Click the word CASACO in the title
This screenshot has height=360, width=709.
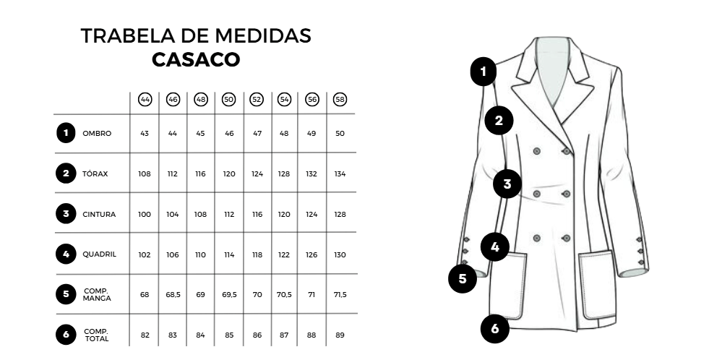point(196,60)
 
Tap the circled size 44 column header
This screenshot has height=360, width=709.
point(145,100)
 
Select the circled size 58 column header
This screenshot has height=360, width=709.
point(340,100)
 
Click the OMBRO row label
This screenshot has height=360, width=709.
point(97,134)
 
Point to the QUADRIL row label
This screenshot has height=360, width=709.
point(99,254)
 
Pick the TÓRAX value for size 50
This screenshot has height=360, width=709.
point(229,174)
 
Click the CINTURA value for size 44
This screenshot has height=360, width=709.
point(145,215)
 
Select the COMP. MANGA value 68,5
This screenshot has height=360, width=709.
point(173,295)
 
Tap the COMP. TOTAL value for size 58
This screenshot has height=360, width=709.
point(340,335)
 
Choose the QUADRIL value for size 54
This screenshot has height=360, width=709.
point(284,255)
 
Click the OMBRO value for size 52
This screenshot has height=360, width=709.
point(257,134)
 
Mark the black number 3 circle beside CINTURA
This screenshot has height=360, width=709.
point(66,213)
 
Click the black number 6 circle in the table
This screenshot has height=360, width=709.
point(66,335)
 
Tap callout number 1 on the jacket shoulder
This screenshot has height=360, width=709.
point(484,72)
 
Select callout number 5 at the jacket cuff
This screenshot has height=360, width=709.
point(463,278)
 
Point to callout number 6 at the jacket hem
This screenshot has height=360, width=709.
point(494,329)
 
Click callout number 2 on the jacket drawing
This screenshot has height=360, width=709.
point(499,120)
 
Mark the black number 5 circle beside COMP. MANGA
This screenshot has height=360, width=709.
point(66,294)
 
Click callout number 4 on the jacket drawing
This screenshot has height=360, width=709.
point(494,247)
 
